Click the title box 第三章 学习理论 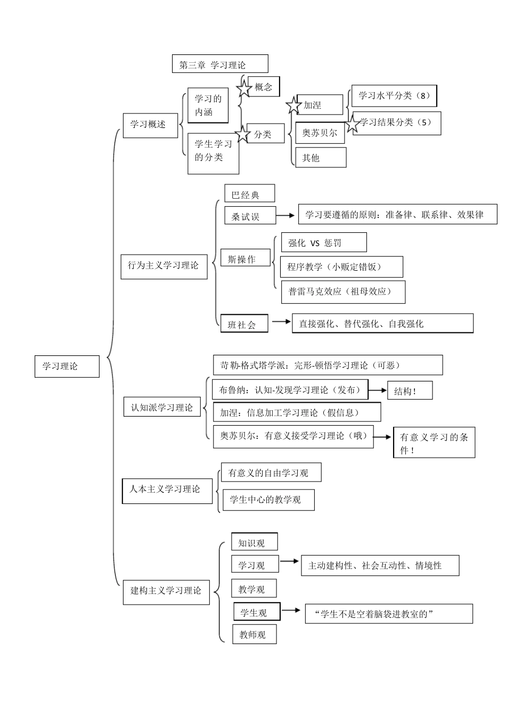[220, 64]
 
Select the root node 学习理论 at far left [67, 366]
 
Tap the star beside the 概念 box [244, 88]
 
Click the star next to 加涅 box [294, 105]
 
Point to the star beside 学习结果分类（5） [353, 125]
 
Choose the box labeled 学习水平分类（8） [394, 96]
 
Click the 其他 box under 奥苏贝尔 [321, 157]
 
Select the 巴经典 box [249, 194]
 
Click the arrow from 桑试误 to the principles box [286, 215]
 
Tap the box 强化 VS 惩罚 [323, 242]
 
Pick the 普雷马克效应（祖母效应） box [343, 292]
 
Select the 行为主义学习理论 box [164, 265]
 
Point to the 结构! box [409, 390]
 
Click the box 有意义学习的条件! [434, 443]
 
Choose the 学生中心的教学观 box [268, 500]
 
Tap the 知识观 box [254, 542]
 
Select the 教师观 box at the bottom [254, 634]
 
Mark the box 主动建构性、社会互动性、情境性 [380, 565]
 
